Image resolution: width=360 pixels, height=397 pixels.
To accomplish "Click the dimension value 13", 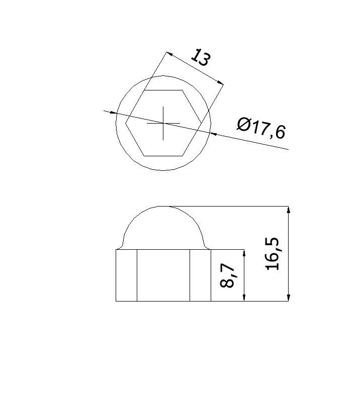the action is click(201, 58).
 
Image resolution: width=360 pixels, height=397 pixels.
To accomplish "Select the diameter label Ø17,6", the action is click(261, 128).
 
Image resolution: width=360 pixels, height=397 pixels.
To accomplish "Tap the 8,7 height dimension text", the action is click(227, 275).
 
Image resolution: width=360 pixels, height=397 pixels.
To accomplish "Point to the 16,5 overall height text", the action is click(273, 254).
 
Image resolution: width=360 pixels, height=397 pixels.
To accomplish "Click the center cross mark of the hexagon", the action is click(163, 123).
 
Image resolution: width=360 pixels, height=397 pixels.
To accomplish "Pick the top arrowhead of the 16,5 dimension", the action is click(288, 210).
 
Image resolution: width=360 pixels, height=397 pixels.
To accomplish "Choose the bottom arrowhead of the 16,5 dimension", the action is click(288, 297).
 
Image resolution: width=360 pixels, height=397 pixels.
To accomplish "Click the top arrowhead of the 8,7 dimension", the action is click(244, 253).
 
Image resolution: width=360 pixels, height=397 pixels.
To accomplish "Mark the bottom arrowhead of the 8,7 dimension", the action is click(244, 297).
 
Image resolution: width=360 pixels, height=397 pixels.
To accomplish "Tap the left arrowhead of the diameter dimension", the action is click(113, 113).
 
